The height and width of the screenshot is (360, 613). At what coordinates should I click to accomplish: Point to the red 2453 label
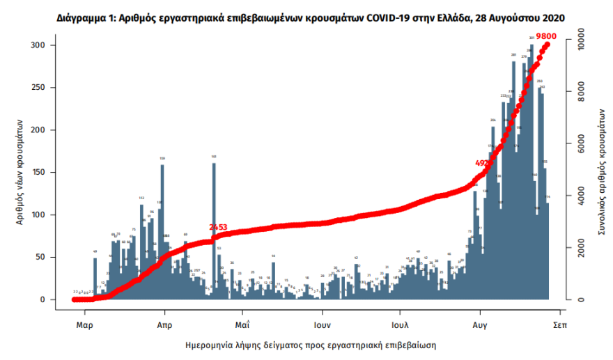coord(219,228)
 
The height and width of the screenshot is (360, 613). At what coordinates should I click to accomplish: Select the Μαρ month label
coord(84,324)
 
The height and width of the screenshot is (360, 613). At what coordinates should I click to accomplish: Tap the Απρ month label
coord(164,324)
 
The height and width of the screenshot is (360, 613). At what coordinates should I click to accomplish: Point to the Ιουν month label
coord(320,324)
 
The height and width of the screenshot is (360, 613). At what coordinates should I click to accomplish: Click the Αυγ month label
coord(479,324)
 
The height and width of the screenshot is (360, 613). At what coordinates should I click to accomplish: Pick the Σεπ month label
coord(558,324)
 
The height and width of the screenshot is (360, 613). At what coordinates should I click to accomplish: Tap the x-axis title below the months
coord(315,345)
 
